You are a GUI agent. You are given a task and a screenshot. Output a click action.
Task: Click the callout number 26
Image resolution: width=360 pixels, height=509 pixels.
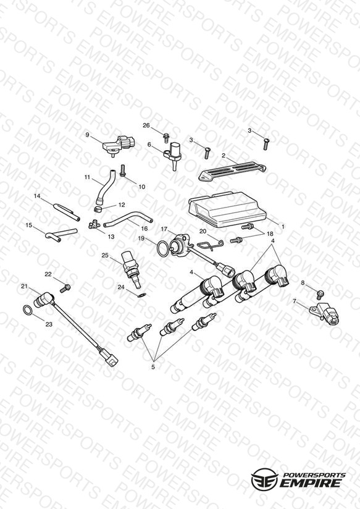pos(146,125)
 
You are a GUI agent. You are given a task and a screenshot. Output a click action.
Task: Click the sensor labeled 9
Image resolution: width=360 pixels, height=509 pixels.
pos(119,145)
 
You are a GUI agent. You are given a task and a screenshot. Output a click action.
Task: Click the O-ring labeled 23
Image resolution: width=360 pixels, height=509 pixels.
pos(28,310)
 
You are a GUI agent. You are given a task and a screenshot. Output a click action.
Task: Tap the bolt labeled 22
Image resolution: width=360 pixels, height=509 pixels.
pos(65,288)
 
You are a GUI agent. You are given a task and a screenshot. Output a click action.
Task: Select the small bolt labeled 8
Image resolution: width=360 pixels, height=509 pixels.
pos(320,295)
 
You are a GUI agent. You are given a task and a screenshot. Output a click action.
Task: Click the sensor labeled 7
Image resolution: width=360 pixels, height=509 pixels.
pos(325,313)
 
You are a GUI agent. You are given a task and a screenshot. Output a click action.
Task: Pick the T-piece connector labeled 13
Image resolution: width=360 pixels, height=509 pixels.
pos(94,224)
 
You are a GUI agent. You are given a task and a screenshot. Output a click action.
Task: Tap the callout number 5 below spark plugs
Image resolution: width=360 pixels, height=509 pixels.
pos(153,367)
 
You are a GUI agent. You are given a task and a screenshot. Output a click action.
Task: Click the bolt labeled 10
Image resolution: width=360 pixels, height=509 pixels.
pos(123,171)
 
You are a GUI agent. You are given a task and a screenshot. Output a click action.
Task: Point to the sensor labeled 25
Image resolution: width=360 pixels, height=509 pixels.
pos(132,269)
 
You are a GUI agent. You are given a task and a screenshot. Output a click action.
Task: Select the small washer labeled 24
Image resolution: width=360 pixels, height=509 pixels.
pos(142,295)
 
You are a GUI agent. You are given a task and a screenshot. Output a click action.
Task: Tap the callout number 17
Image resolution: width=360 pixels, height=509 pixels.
pos(164,229)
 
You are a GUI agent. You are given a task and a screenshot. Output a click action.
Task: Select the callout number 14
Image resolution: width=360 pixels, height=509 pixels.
pos(37,196)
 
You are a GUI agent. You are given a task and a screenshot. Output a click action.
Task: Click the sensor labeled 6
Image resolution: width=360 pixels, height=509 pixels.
pos(174,155)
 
